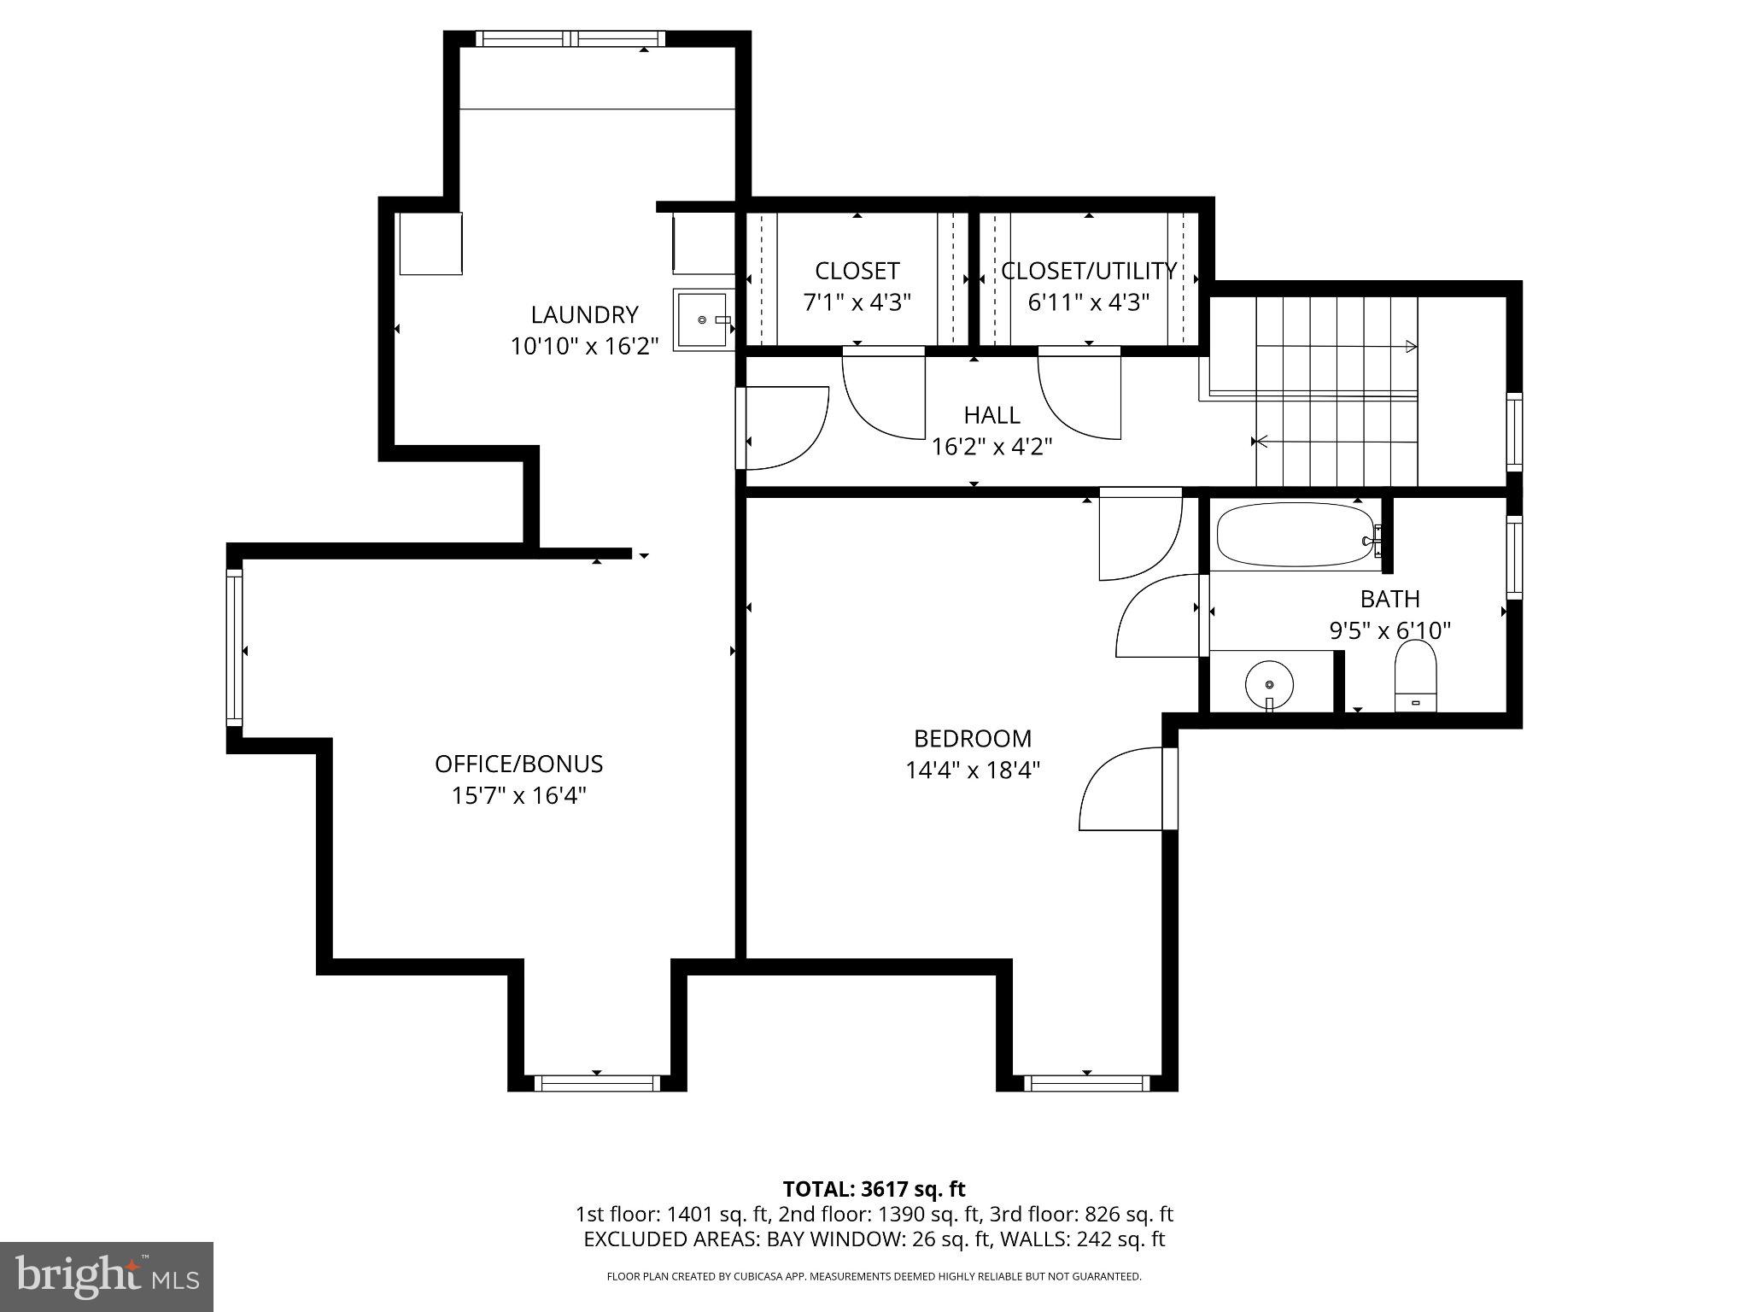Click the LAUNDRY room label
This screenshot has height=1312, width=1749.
(x=584, y=314)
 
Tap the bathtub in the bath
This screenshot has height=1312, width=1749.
(x=1295, y=535)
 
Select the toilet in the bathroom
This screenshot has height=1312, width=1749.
(x=1416, y=675)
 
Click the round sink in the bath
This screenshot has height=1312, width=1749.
(x=1269, y=684)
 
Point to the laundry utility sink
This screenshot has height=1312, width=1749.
(x=702, y=319)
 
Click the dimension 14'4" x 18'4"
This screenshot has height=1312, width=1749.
(x=973, y=770)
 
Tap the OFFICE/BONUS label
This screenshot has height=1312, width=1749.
(x=518, y=764)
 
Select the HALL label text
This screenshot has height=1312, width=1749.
(x=991, y=415)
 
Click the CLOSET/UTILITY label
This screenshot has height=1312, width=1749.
(x=1089, y=271)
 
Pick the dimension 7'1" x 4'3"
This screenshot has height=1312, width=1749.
(x=857, y=302)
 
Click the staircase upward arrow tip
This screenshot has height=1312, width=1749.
(x=1412, y=347)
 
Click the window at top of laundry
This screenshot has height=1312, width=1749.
(x=570, y=38)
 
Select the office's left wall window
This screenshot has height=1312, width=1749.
(x=234, y=647)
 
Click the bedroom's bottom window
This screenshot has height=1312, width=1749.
(x=1086, y=1083)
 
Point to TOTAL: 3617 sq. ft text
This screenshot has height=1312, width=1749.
(x=874, y=1189)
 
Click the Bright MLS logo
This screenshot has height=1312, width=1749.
(x=107, y=1276)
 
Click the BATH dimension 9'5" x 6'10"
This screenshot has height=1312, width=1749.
(x=1390, y=630)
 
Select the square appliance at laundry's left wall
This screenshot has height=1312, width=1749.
(x=430, y=243)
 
